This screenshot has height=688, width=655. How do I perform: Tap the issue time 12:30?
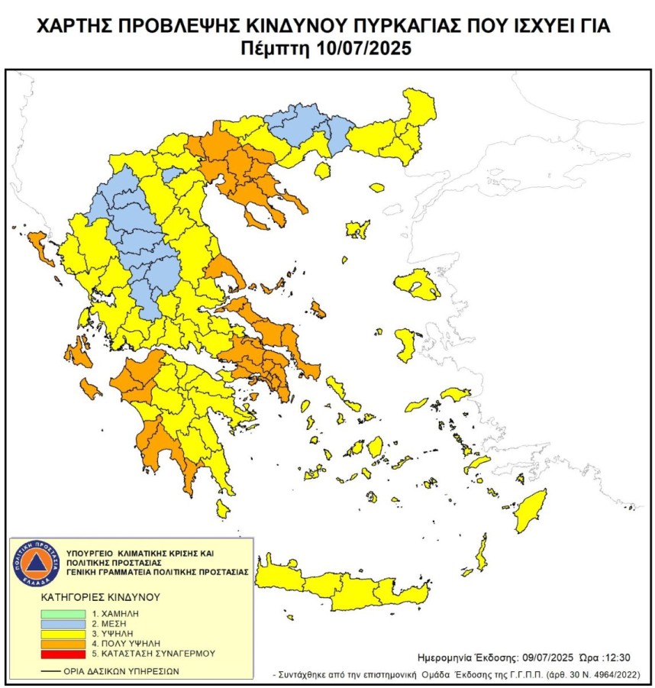click(x=616, y=657)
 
